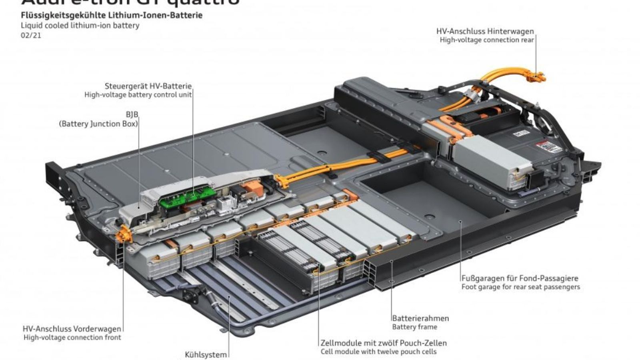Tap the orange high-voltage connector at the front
click(x=122, y=234)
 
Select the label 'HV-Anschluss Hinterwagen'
click(x=485, y=31)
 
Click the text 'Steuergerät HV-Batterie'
click(x=148, y=86)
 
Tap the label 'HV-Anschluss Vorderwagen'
click(x=72, y=329)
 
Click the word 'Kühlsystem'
click(x=206, y=354)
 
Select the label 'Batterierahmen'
click(x=420, y=318)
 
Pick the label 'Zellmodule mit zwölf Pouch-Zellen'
click(x=384, y=343)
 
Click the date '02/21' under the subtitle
click(x=31, y=35)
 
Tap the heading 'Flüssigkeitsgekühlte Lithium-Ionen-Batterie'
click(x=112, y=16)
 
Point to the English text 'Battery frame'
click(x=414, y=327)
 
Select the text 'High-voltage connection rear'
click(x=487, y=40)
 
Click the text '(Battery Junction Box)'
click(x=98, y=124)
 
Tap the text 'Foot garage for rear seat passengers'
click(x=520, y=287)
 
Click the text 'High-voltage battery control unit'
click(x=138, y=95)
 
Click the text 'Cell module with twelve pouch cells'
click(x=378, y=352)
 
